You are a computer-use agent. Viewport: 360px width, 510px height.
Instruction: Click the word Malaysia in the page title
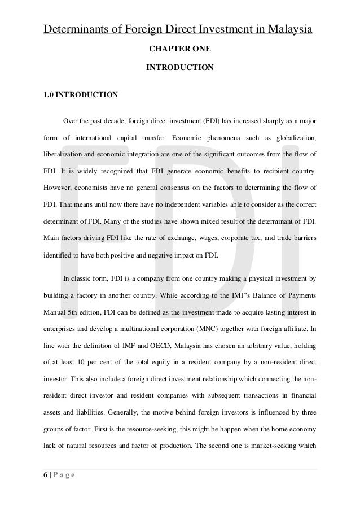tap(288, 29)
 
